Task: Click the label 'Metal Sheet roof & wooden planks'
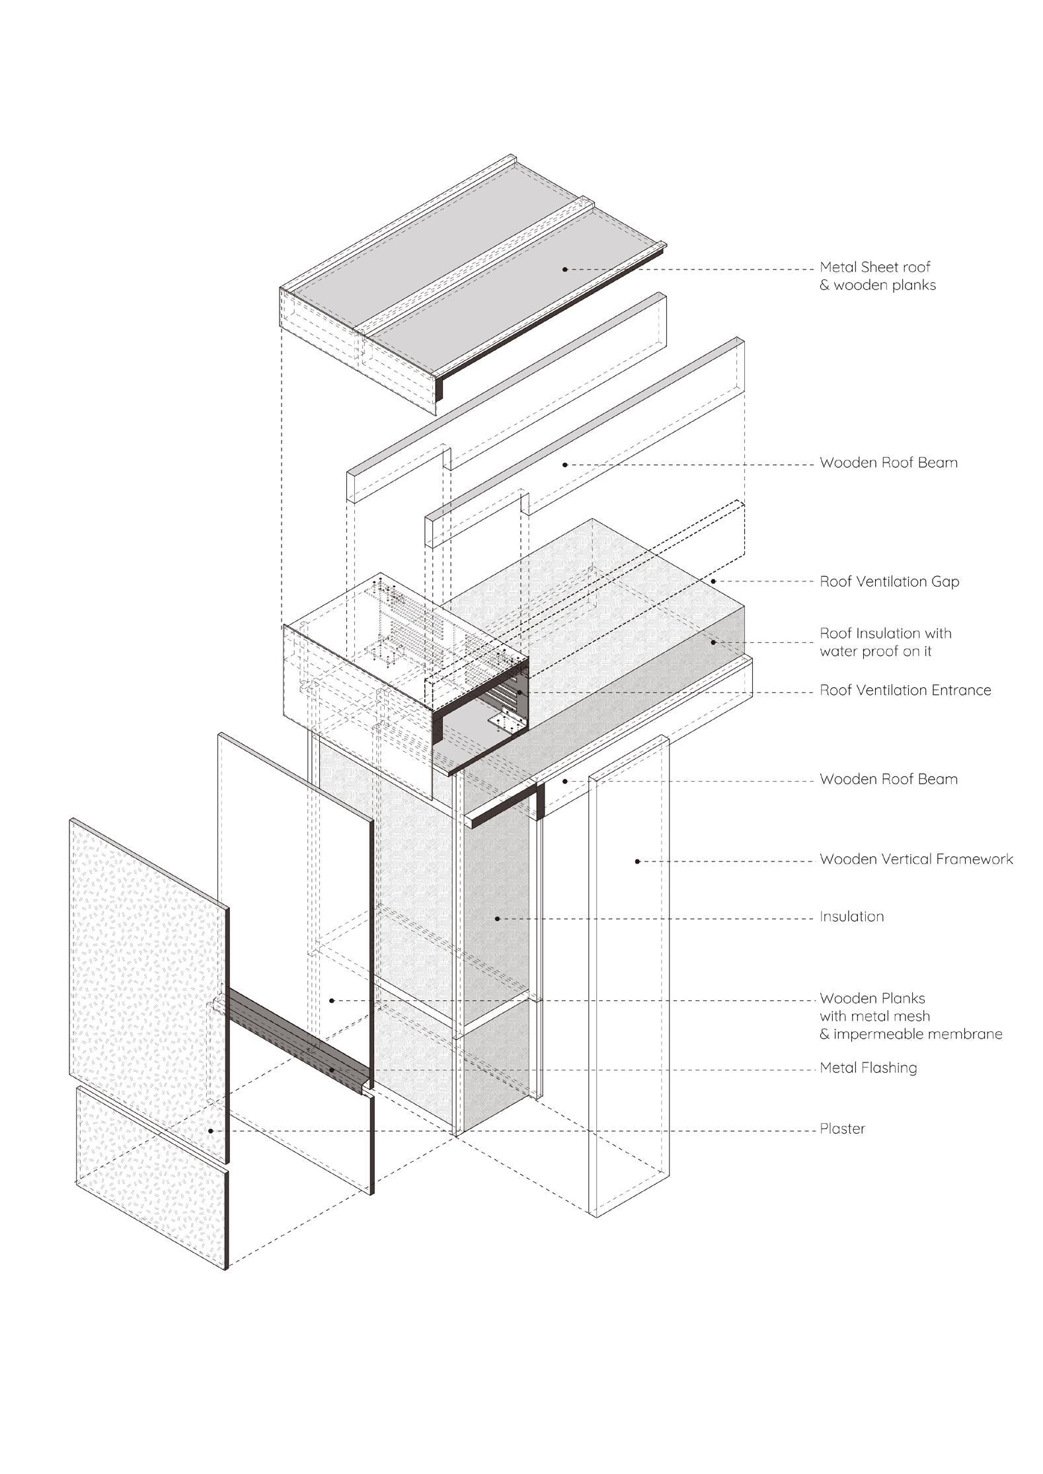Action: (x=877, y=276)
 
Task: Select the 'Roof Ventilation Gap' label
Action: (x=889, y=582)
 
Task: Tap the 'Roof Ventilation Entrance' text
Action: (x=905, y=690)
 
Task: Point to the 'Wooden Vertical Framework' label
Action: (x=916, y=860)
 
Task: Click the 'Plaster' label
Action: (x=842, y=1129)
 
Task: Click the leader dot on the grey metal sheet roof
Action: (x=564, y=269)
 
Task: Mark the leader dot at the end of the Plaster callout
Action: (x=211, y=1130)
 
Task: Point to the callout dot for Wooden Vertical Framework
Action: (x=637, y=861)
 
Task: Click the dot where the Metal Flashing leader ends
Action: (x=330, y=1070)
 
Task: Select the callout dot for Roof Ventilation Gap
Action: (x=713, y=581)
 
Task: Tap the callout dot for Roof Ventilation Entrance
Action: (x=520, y=692)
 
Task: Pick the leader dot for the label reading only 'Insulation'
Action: (x=496, y=918)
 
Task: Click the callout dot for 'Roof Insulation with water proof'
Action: (x=713, y=642)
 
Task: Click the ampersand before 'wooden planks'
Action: (x=825, y=285)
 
